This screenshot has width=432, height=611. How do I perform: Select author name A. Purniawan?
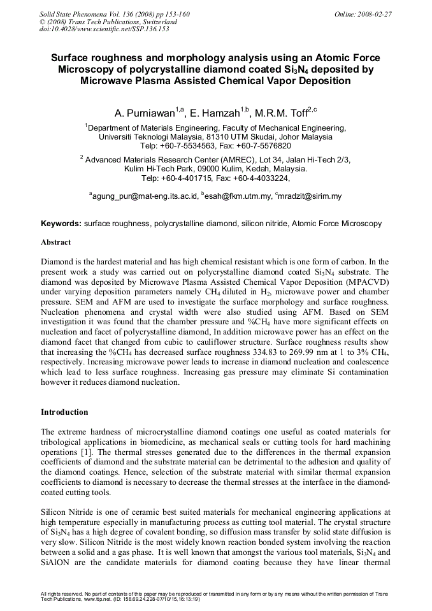146,113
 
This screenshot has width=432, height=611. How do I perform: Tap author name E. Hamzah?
215,113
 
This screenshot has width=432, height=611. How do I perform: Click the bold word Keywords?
61,224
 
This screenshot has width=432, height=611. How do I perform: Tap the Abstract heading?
56,242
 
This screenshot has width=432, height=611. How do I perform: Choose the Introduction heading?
64,412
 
